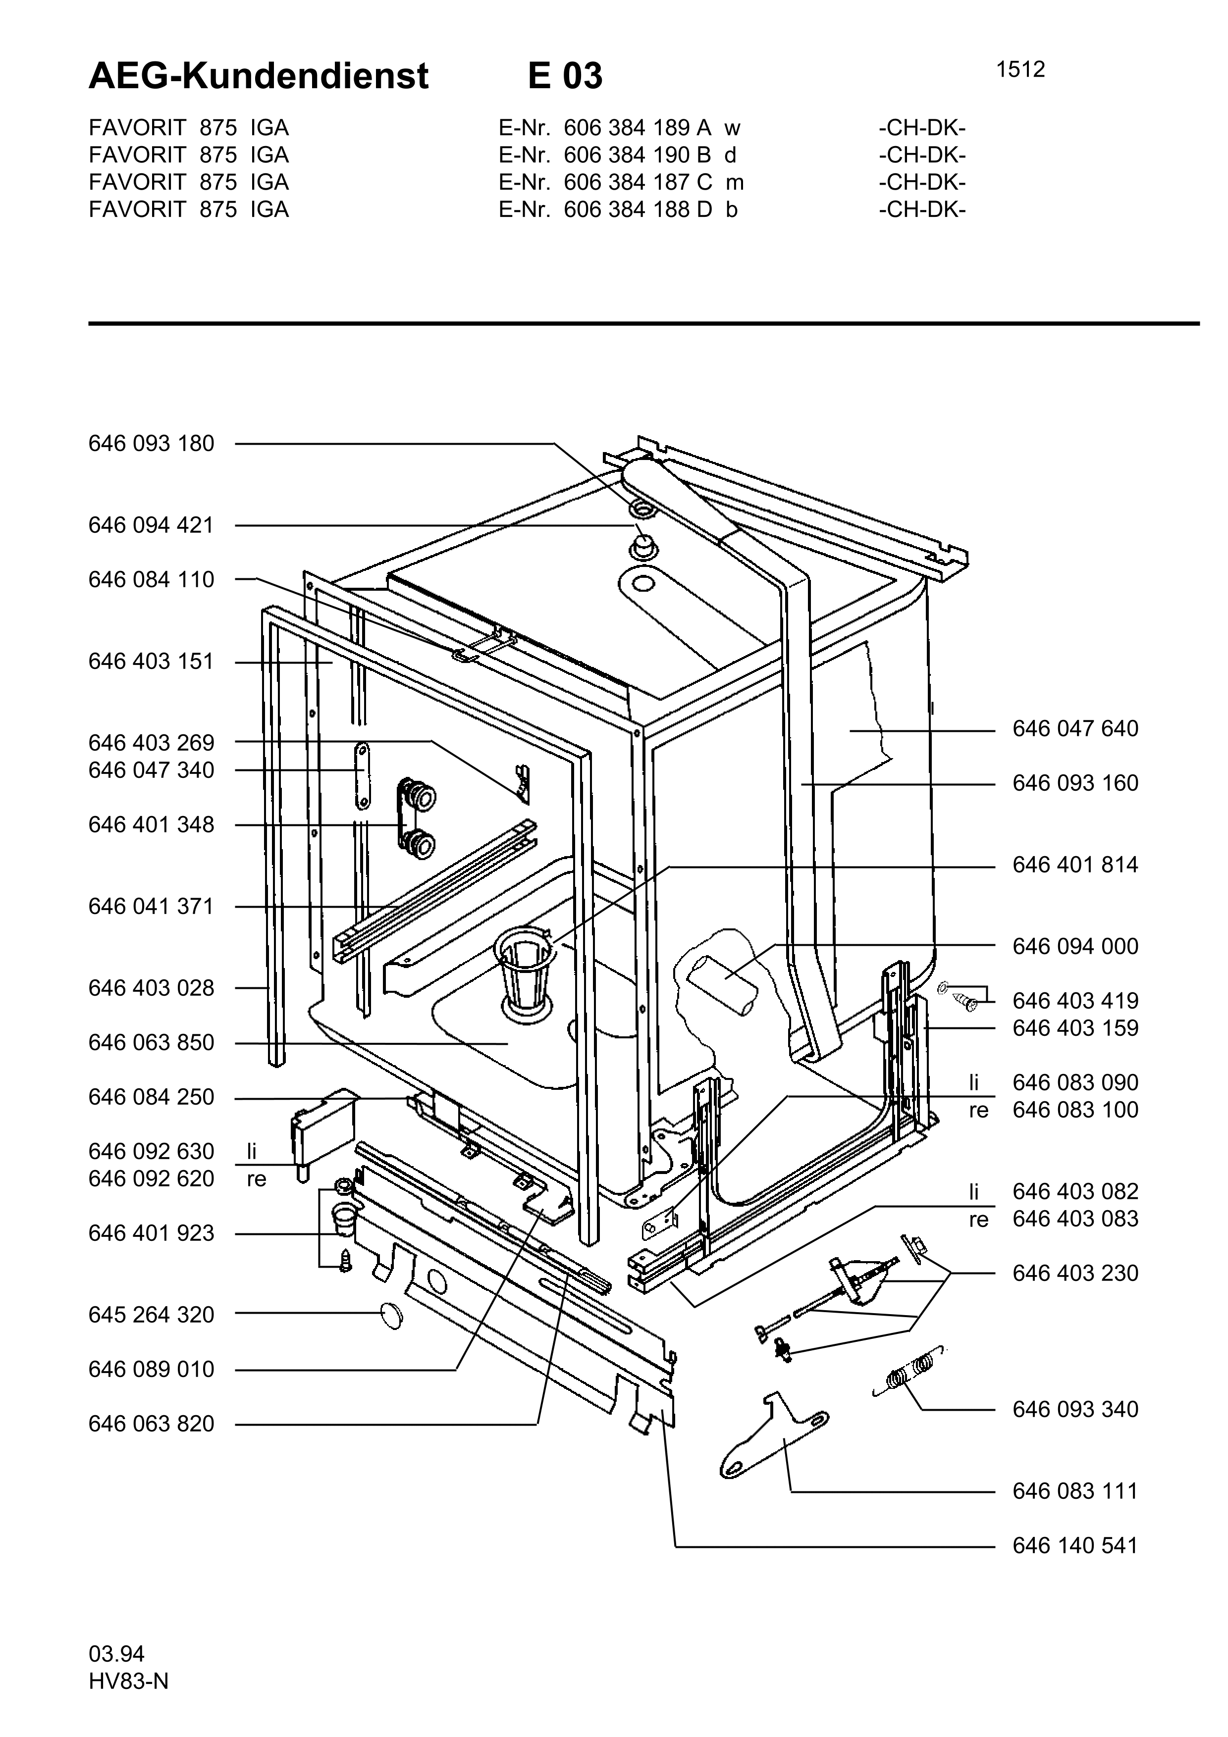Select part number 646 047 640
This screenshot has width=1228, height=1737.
click(1075, 728)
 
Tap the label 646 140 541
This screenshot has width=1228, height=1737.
click(1075, 1545)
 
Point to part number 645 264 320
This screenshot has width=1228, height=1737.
click(151, 1315)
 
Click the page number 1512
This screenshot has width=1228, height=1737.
click(1020, 70)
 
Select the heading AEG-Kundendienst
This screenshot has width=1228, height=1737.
click(259, 76)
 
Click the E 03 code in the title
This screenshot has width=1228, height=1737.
click(565, 76)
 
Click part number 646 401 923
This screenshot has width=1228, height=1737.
click(151, 1233)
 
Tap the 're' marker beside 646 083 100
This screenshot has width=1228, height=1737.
click(979, 1110)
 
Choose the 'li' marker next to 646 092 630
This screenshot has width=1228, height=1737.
click(252, 1151)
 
